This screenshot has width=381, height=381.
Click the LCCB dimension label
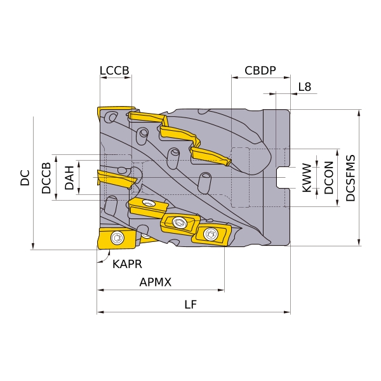point(114,70)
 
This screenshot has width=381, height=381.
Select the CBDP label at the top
point(260,70)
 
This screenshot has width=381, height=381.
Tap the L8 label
point(304,87)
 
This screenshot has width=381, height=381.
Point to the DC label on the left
point(25,178)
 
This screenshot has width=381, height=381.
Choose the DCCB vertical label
point(46,178)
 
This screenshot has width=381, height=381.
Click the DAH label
point(69,178)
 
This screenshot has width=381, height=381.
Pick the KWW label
point(307,178)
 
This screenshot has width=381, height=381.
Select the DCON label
point(329,178)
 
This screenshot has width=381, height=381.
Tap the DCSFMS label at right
point(351,178)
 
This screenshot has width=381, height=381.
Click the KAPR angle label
point(127,264)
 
